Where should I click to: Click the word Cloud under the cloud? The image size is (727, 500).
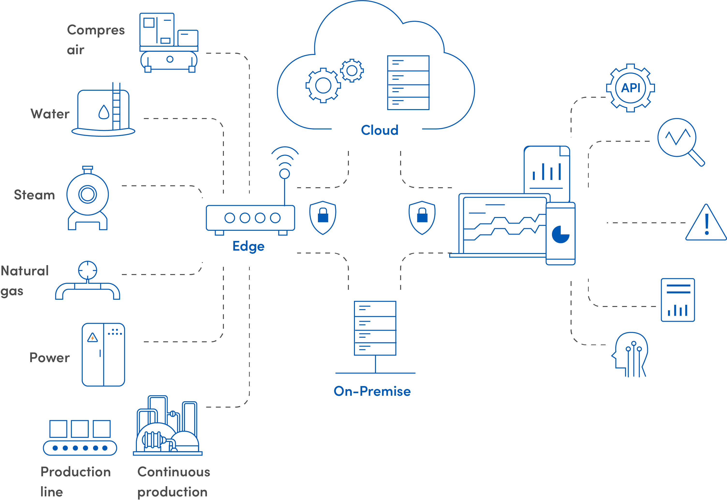(x=380, y=130)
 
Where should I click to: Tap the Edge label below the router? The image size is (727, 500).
(x=248, y=246)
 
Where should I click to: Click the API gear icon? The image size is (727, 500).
(x=630, y=88)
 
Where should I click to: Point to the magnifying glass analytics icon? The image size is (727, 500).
(x=681, y=142)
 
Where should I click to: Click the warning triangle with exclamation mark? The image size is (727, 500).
(x=706, y=223)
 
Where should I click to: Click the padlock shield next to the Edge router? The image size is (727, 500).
(x=323, y=218)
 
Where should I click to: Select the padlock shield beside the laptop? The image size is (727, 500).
(x=422, y=218)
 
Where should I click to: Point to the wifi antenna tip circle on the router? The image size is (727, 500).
(x=285, y=173)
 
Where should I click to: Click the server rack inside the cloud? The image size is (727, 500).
(x=408, y=83)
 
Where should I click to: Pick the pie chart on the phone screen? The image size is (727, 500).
(x=560, y=234)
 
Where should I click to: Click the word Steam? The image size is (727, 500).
(x=34, y=195)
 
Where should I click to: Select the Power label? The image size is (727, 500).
(x=50, y=358)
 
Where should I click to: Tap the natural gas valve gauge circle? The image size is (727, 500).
(x=88, y=270)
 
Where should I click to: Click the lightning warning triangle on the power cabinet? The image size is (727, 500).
(x=92, y=338)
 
